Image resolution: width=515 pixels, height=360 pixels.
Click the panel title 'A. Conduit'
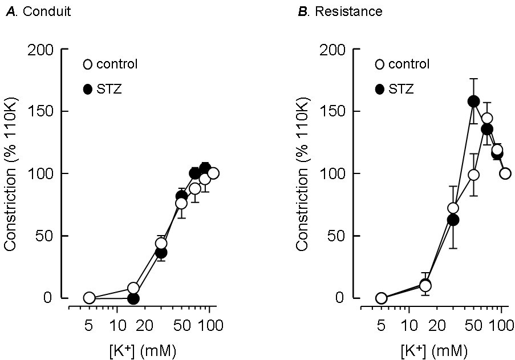[x=38, y=12]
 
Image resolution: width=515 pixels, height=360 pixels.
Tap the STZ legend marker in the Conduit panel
[x=88, y=89]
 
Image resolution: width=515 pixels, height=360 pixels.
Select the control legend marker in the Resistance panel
[x=380, y=64]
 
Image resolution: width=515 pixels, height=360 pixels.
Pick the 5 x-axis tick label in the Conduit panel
[x=88, y=326]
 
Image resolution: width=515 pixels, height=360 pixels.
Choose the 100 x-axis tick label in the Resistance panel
[x=502, y=326]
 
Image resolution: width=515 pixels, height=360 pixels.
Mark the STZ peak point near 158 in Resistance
[x=473, y=102]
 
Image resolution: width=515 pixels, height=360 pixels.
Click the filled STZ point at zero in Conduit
[x=133, y=298]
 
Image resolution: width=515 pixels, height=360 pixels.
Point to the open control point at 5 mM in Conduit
[x=89, y=298]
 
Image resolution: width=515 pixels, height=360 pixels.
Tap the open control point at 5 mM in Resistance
[x=381, y=298]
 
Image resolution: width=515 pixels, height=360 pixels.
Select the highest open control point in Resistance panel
[x=487, y=119]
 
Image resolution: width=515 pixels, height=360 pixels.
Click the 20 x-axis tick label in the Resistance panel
[x=437, y=326]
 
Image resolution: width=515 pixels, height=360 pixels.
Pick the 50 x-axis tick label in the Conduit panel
[x=181, y=326]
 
